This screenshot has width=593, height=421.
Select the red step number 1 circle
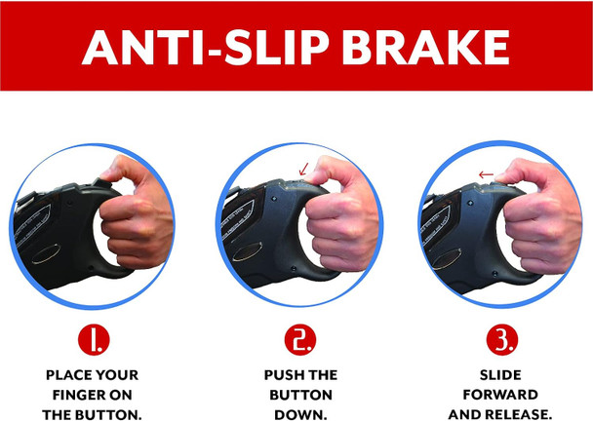(94, 339)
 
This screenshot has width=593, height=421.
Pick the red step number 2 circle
(299, 339)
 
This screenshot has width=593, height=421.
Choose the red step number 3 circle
(502, 339)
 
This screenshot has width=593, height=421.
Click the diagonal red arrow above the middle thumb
(303, 169)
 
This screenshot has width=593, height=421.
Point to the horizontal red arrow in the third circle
(486, 174)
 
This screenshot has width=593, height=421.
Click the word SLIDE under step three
(500, 375)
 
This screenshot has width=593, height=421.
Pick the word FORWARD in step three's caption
(500, 395)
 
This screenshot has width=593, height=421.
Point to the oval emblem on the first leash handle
(46, 254)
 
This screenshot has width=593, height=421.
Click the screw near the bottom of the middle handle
(294, 268)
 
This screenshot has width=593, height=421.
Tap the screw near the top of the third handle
(471, 203)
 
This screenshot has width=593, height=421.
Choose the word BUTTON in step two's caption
(300, 395)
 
